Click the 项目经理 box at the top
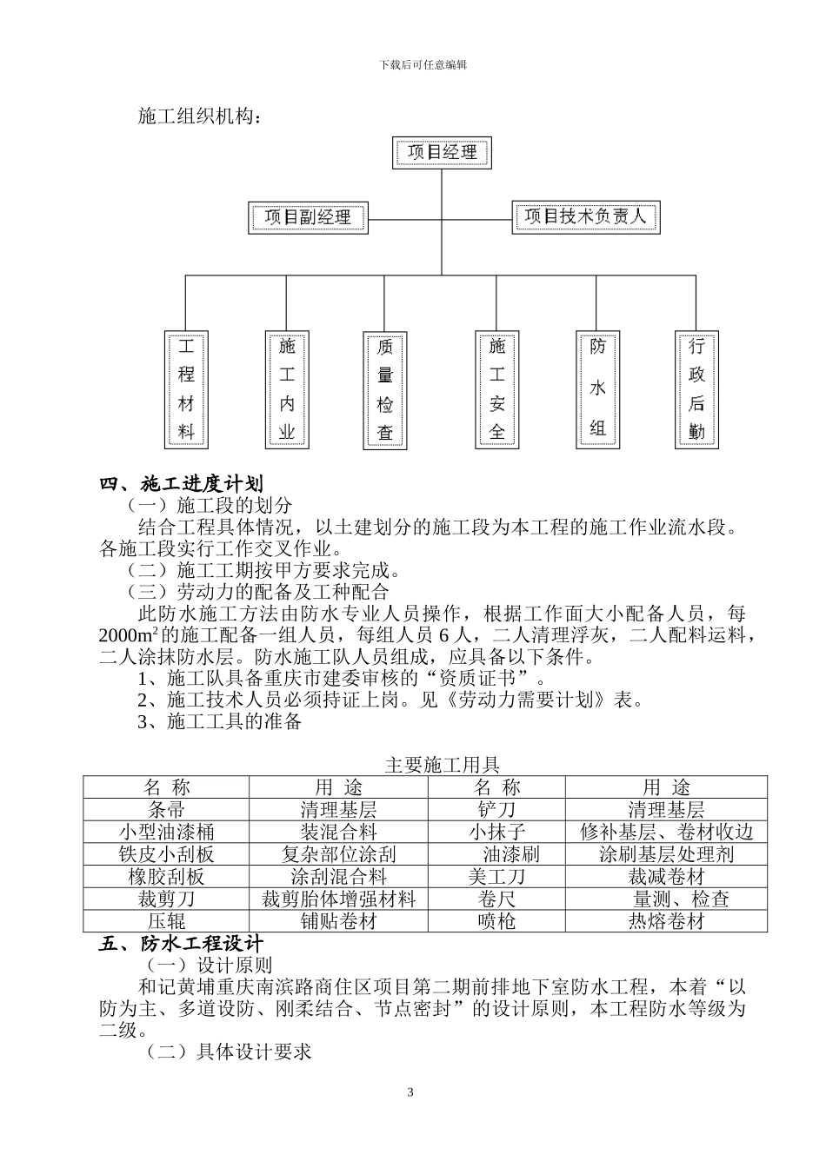pyautogui.click(x=442, y=153)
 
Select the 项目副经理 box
pyautogui.click(x=308, y=217)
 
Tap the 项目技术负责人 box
pyautogui.click(x=585, y=216)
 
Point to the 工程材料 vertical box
pyautogui.click(x=186, y=388)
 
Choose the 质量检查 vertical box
pyautogui.click(x=384, y=389)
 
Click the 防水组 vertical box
pyautogui.click(x=597, y=388)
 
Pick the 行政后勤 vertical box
pyautogui.click(x=696, y=388)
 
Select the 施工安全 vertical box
pyautogui.click(x=497, y=388)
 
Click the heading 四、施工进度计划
pyautogui.click(x=181, y=485)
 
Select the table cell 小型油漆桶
pyautogui.click(x=166, y=832)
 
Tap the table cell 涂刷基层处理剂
pyautogui.click(x=666, y=854)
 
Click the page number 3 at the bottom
pyautogui.click(x=410, y=1092)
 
